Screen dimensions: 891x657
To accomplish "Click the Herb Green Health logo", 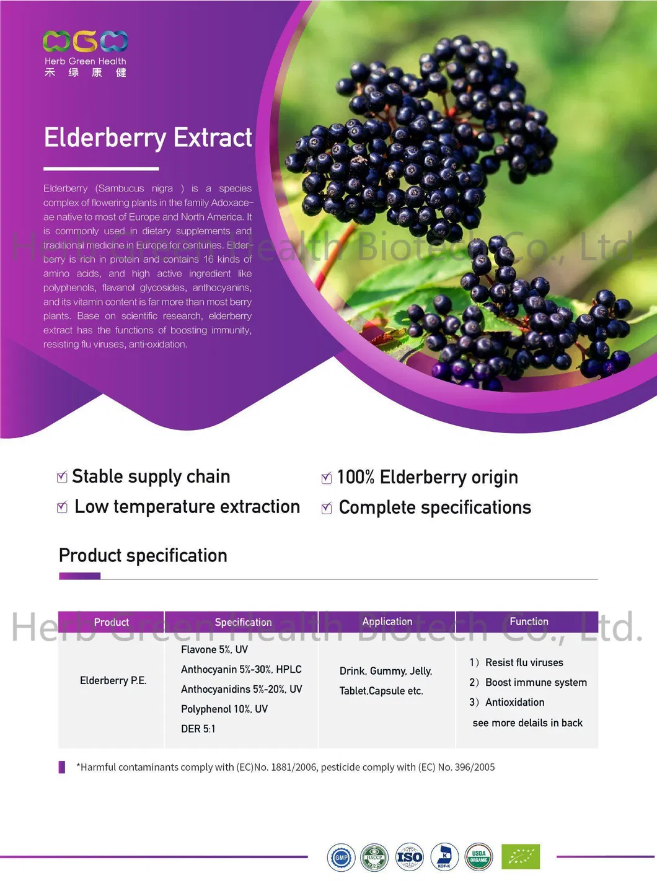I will pos(86,53).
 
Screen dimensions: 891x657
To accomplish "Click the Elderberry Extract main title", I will pos(148,138).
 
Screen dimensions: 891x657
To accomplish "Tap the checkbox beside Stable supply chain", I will pos(62,477).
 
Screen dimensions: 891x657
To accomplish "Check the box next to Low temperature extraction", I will pos(62,507).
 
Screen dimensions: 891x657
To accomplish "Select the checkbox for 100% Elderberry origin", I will pos(327,478).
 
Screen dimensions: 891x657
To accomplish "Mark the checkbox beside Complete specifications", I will pos(327,509).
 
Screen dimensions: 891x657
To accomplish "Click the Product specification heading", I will pos(143,555).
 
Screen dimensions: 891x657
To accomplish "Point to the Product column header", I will pos(112,622).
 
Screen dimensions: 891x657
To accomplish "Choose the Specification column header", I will pos(243,622).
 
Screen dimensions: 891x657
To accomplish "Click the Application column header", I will pos(387,621).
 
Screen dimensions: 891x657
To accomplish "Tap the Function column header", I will pos(529,621).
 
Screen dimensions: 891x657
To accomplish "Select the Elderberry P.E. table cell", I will pos(113,680).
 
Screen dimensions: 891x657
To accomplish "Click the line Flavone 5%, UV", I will pos(214,649).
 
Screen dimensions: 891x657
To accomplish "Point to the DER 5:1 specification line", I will pos(198,729).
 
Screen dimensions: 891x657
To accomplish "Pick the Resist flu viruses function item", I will pos(524,662).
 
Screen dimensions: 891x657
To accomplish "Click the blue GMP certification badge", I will pos(341,858).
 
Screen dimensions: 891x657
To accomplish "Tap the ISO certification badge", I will pos(409,858).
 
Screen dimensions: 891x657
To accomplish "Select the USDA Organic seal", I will pos(478,857).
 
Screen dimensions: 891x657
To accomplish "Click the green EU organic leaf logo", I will pos(521,856).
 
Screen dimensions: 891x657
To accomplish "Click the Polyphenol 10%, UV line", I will pos(224,709).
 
